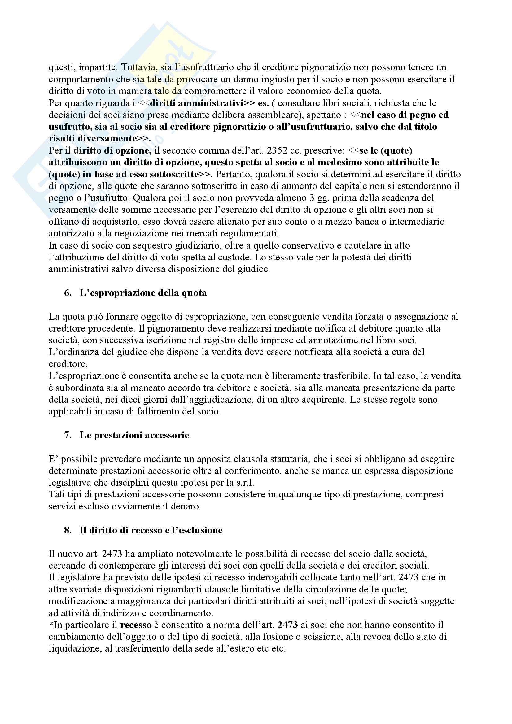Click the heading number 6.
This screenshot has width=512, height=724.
(x=68, y=293)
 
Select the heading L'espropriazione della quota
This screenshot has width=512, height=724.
(x=143, y=293)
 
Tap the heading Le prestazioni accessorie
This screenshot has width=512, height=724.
(x=134, y=435)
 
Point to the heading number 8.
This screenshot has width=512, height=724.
(x=68, y=530)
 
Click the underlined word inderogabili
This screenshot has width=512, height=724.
(x=273, y=577)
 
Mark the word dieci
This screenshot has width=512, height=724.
(x=127, y=400)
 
